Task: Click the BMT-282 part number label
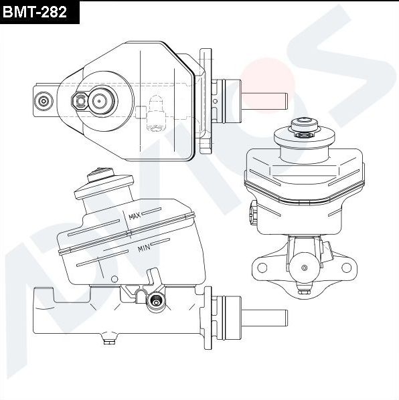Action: click(39, 11)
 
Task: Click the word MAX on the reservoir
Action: click(134, 217)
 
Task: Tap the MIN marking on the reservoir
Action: click(143, 248)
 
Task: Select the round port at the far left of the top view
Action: click(44, 101)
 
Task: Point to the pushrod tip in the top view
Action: click(284, 100)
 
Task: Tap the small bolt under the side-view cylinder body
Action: click(106, 341)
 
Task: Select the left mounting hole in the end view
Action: click(262, 268)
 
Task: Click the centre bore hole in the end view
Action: click(304, 268)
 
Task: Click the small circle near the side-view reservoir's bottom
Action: click(115, 278)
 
